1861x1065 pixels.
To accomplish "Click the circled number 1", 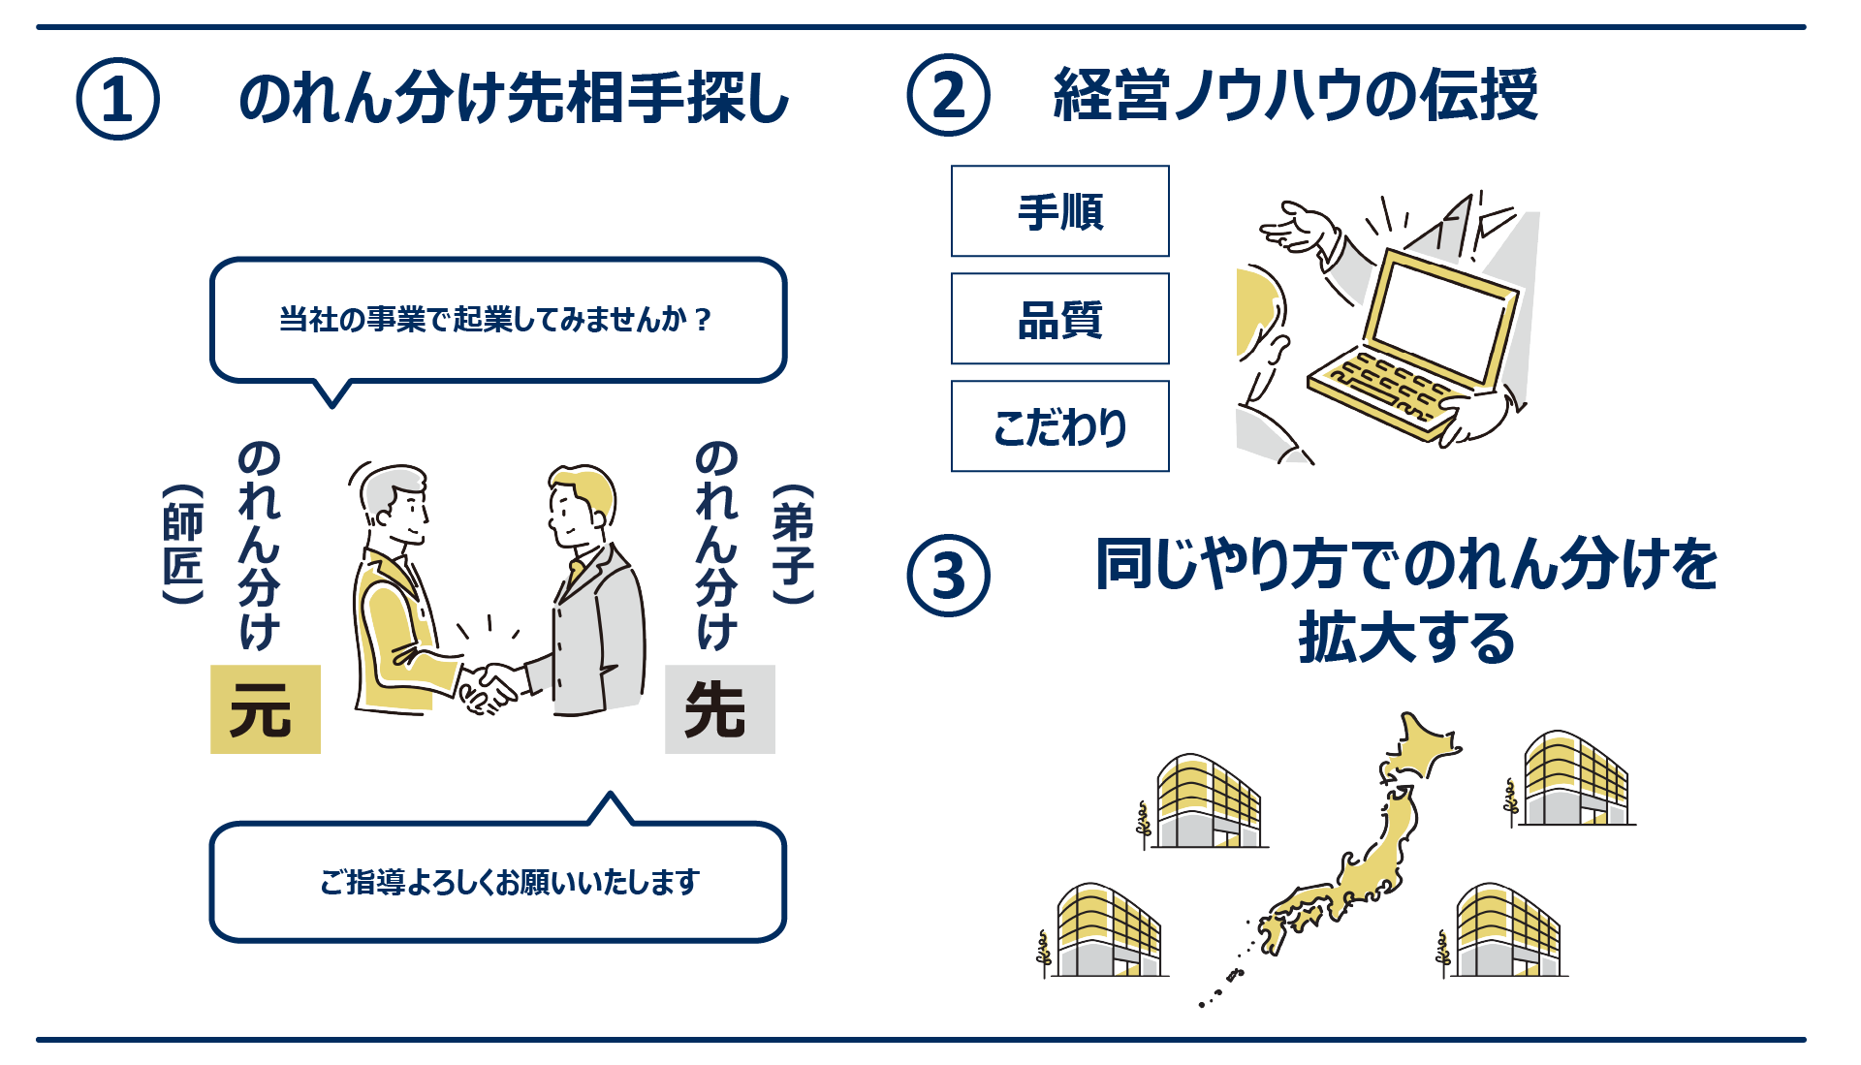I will coord(117,99).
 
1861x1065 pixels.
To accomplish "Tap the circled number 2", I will coord(948,95).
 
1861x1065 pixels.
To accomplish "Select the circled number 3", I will coord(948,576).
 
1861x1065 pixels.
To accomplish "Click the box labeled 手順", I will coord(1059,211).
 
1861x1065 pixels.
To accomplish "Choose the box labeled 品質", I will coord(1059,319).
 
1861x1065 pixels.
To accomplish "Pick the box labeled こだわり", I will coord(1059,426).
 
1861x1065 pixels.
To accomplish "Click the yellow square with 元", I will coord(265,709).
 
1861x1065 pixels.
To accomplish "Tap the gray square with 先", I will coord(719,709).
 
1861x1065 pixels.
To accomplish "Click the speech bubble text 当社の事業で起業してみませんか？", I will coord(496,319).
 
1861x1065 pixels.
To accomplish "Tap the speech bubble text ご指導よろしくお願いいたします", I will coord(509,882).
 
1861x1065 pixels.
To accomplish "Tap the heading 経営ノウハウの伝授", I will coord(1295,95).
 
